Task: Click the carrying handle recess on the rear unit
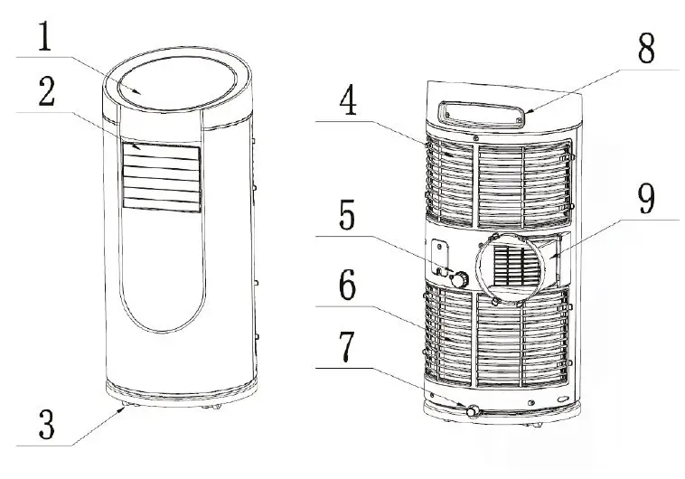coord(480,111)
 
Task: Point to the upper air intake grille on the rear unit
coord(499,181)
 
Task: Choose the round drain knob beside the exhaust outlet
coord(461,280)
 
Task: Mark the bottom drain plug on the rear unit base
coord(472,410)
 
